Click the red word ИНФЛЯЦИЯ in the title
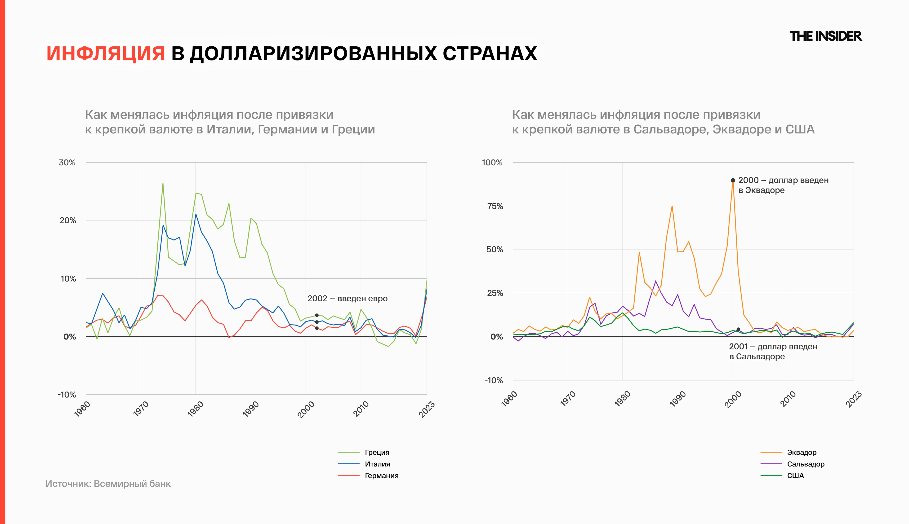click(x=106, y=54)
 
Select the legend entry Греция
click(x=377, y=452)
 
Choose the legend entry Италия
click(x=377, y=464)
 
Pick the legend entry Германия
click(x=382, y=476)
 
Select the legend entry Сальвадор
click(x=805, y=464)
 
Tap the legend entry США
click(x=795, y=476)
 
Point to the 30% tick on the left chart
click(x=67, y=163)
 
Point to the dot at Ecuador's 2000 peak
click(x=733, y=180)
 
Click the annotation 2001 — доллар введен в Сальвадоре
click(x=773, y=351)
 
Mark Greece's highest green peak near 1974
click(x=163, y=184)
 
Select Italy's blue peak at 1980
click(x=196, y=215)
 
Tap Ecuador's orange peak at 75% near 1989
click(x=672, y=206)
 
